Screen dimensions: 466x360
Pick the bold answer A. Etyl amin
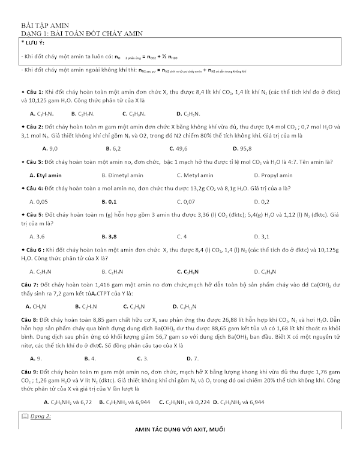tap(49, 175)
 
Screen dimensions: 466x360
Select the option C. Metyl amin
tap(196, 175)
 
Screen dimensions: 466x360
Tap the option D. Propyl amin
tap(274, 175)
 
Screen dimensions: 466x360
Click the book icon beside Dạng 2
tap(25, 416)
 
